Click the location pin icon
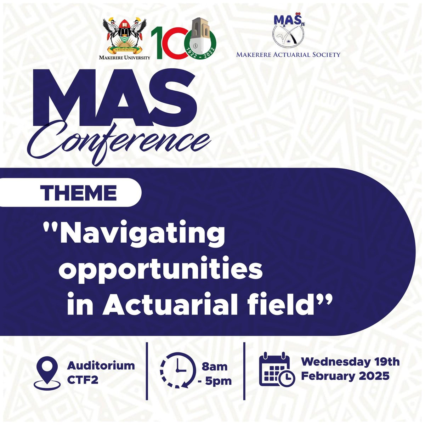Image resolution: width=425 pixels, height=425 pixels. pos(47,373)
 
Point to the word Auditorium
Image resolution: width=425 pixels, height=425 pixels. pos(101,365)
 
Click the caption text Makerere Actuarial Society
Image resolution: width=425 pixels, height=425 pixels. pos(288,55)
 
